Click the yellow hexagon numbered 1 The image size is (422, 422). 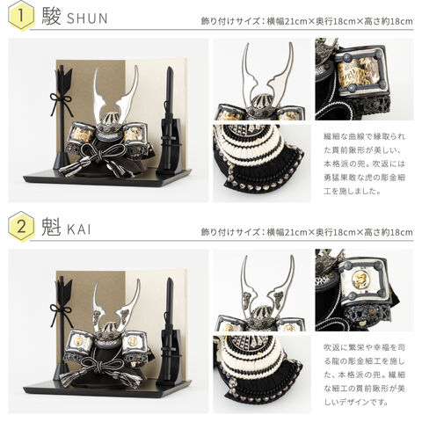21,16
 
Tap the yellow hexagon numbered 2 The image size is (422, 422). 21,227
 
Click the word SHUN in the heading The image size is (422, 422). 87,18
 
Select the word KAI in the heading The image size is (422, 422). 79,229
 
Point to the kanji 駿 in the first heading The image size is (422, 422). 51,17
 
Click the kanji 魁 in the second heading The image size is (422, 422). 51,227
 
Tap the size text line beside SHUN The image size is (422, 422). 307,21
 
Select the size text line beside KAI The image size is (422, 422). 307,232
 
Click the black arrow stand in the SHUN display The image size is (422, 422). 62,117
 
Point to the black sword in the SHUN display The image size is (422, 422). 169,120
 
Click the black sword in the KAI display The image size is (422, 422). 169,331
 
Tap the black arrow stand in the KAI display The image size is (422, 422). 62,328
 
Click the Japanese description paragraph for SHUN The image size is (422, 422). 364,164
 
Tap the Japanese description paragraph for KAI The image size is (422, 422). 364,375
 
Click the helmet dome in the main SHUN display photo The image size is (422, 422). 110,120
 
